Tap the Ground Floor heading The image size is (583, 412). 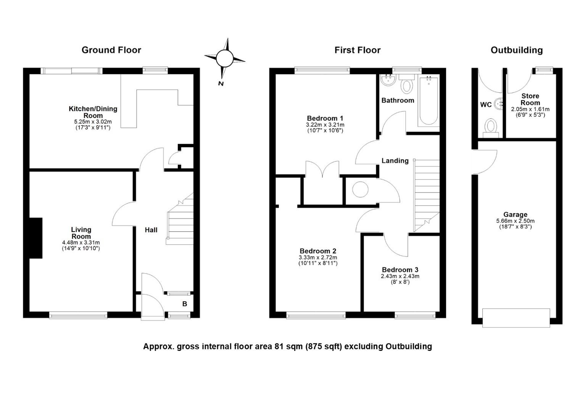111,50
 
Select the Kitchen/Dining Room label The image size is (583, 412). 93,112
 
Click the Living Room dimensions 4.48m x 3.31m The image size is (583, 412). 81,243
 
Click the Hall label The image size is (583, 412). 151,230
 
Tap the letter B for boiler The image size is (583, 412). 185,304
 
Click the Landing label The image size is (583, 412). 395,161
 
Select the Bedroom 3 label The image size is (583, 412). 400,270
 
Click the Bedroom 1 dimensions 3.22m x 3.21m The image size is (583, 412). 325,125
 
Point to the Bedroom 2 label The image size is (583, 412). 318,251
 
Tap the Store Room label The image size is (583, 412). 530,99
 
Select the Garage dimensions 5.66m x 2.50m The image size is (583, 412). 515,221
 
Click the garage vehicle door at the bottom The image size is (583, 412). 516,318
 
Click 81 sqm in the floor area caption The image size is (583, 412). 288,346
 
